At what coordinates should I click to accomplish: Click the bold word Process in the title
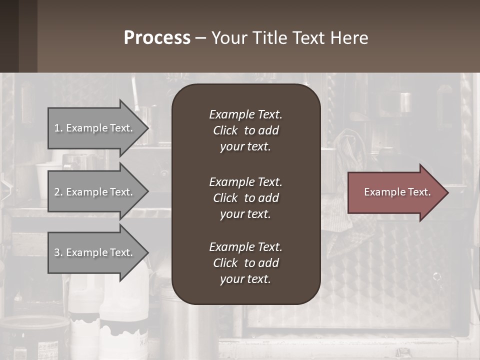click(157, 38)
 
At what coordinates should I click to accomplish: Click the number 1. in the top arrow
click(58, 128)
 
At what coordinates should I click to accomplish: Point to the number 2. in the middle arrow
click(58, 192)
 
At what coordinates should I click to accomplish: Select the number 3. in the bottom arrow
click(58, 252)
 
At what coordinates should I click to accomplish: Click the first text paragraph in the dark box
click(245, 130)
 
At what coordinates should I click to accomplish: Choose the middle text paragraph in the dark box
click(245, 198)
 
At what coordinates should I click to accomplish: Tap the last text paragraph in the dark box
click(245, 263)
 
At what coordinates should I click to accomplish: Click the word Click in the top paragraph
click(225, 130)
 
